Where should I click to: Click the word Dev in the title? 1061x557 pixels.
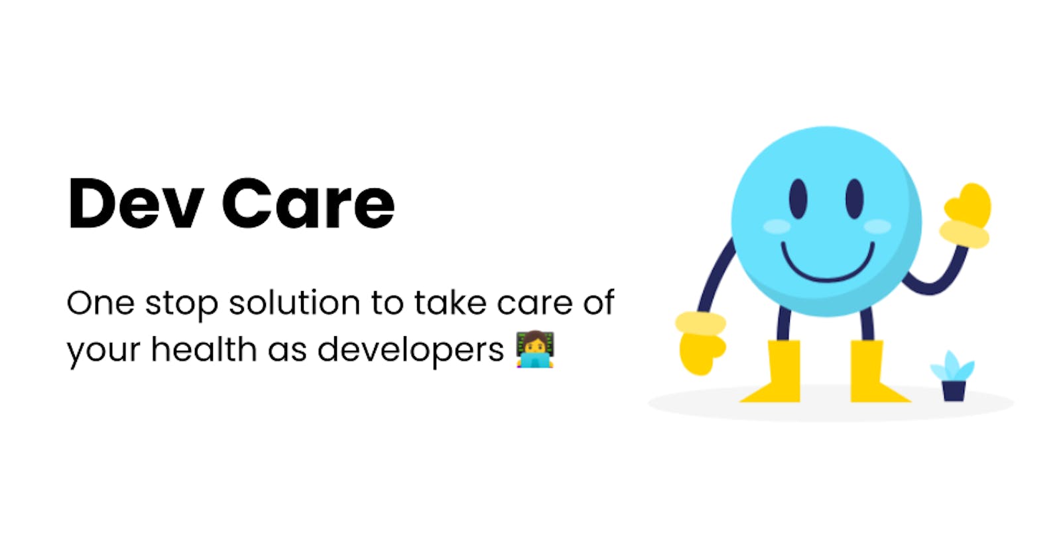pyautogui.click(x=137, y=204)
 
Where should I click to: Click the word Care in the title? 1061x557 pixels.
pyautogui.click(x=308, y=204)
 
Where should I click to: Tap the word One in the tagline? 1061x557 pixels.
pyautogui.click(x=100, y=303)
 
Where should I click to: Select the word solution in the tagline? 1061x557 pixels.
pyautogui.click(x=294, y=302)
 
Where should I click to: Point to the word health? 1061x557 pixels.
pyautogui.click(x=204, y=349)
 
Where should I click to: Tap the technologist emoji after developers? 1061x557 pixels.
pyautogui.click(x=535, y=349)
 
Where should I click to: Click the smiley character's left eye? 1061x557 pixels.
pyautogui.click(x=798, y=199)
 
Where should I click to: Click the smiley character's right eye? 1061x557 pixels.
pyautogui.click(x=855, y=199)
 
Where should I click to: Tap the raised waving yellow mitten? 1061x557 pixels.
pyautogui.click(x=966, y=216)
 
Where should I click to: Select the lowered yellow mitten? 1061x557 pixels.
pyautogui.click(x=700, y=343)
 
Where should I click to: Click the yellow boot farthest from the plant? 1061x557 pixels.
pyautogui.click(x=775, y=372)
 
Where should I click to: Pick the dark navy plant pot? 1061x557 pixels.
pyautogui.click(x=954, y=391)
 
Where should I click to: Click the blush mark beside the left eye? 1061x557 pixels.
pyautogui.click(x=777, y=226)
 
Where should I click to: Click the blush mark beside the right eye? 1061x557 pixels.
pyautogui.click(x=878, y=226)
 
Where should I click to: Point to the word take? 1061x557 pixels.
pyautogui.click(x=450, y=302)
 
